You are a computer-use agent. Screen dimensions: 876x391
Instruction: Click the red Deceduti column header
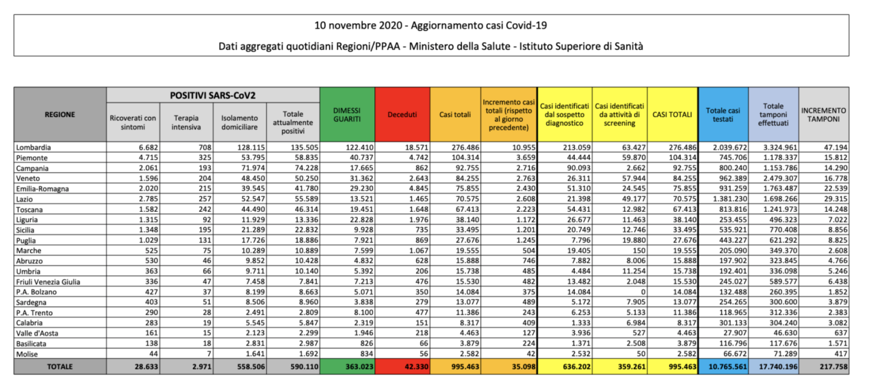tap(402, 114)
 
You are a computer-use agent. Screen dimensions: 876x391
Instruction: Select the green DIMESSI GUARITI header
tap(347, 114)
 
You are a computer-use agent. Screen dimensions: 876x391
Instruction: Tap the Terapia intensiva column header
tap(186, 122)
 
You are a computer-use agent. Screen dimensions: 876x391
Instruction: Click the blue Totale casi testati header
tap(723, 114)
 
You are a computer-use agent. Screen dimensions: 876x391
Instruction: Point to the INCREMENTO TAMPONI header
tap(823, 114)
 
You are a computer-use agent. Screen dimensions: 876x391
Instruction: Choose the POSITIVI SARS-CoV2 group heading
tap(213, 95)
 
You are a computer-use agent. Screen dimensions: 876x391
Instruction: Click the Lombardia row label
tap(34, 148)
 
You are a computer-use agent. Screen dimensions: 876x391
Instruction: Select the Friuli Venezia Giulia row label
tap(48, 282)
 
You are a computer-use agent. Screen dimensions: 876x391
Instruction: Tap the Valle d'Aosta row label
tap(37, 333)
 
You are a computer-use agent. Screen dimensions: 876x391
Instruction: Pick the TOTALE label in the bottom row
tap(60, 367)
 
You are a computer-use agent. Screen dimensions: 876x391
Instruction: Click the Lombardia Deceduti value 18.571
tap(417, 148)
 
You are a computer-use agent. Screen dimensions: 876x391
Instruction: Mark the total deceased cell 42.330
tap(417, 367)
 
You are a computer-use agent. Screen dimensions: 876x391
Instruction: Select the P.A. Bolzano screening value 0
tap(643, 292)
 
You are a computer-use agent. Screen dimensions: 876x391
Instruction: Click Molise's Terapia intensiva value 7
tap(209, 354)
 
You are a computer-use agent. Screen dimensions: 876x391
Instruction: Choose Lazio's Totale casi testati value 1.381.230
tap(730, 199)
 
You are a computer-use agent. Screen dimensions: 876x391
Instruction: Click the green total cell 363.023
tap(359, 367)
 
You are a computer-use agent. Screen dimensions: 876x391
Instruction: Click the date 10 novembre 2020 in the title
tap(358, 25)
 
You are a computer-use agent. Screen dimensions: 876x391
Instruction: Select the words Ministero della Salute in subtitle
tap(460, 46)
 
